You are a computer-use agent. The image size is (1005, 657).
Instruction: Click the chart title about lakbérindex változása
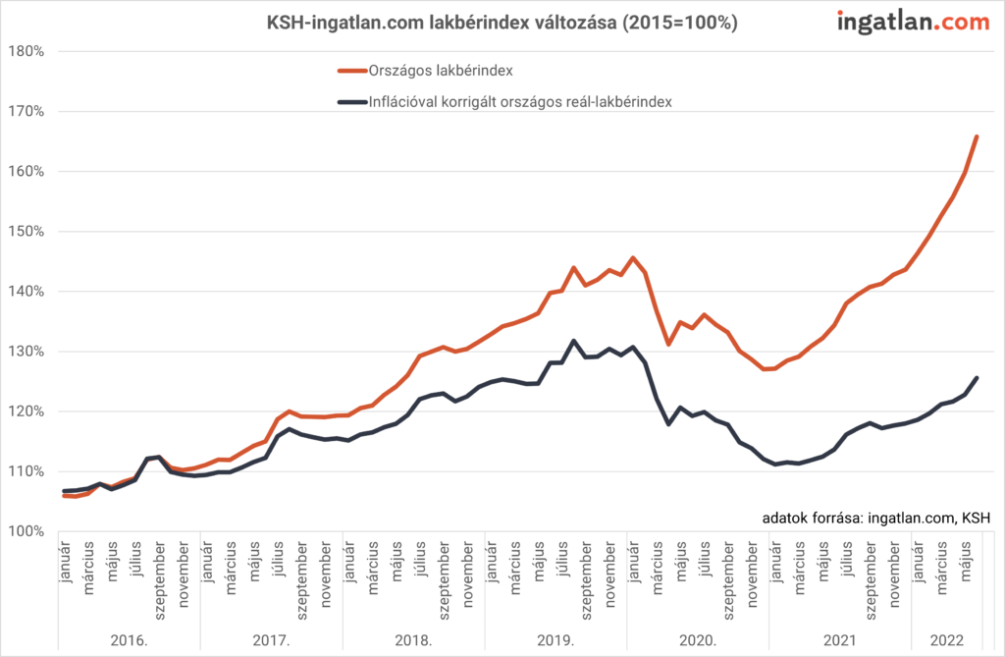502,22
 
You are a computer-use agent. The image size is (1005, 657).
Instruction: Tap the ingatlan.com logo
912,23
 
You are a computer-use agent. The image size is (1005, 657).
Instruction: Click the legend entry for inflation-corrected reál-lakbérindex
519,101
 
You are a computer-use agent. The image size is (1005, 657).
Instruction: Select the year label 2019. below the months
556,640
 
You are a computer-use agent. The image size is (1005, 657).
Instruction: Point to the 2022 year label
946,640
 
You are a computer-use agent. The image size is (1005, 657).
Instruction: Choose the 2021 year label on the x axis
840,640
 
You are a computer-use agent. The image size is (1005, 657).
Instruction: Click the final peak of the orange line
977,137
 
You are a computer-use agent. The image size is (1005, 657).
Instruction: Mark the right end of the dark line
977,378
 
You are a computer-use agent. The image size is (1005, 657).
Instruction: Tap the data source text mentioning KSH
875,518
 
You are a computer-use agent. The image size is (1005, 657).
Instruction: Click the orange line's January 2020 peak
633,257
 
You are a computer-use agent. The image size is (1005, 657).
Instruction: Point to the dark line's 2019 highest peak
573,341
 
